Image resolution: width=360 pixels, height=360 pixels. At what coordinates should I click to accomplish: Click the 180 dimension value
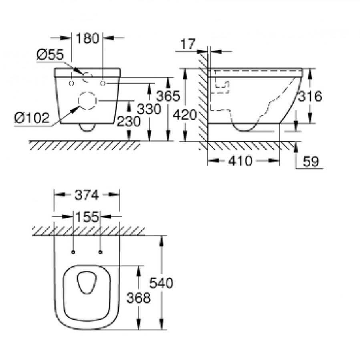pos(87,38)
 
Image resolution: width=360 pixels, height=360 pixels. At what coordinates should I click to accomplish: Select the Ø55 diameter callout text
pos(50,54)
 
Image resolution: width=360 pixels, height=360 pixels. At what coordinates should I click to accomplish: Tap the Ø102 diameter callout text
pos(32,118)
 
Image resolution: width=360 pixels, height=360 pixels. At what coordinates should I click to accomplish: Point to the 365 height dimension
pos(168,96)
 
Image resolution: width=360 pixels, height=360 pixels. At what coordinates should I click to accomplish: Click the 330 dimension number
pos(149,109)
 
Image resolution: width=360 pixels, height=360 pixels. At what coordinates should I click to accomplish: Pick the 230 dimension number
pos(129,121)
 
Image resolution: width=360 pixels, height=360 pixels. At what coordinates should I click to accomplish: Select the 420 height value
pos(185,115)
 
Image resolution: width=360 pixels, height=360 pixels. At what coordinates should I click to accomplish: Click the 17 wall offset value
pos(188,44)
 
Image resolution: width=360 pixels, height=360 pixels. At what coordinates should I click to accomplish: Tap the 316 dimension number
pos(310,96)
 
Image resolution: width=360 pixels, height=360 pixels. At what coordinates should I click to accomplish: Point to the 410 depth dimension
pos(240,161)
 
